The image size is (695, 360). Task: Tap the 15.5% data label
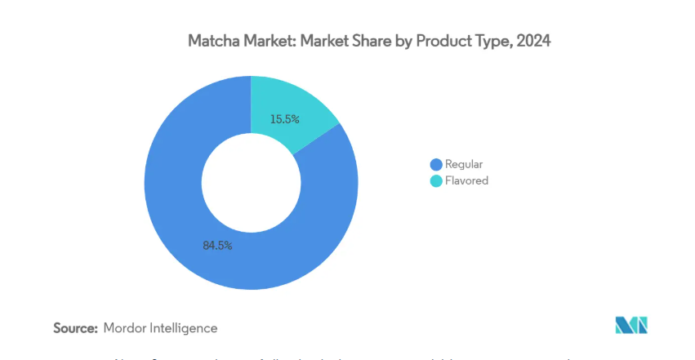coord(285,119)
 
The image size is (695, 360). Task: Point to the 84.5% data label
coord(216,245)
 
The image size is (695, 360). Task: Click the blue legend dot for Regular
coord(436,164)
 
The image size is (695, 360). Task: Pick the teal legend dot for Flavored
coord(436,180)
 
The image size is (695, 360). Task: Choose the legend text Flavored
coord(467,180)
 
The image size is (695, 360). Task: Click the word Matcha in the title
coord(211,41)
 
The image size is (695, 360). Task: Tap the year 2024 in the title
coord(533,41)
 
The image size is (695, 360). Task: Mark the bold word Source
coord(76,327)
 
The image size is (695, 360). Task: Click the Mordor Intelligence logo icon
coord(631,325)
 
